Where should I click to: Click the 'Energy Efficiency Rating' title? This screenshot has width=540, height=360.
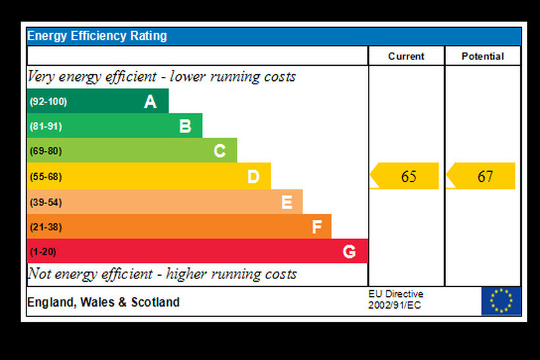[97, 36]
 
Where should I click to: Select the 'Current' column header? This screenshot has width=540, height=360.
[406, 57]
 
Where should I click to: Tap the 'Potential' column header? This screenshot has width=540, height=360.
[483, 57]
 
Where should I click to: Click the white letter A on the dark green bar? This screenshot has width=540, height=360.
[150, 101]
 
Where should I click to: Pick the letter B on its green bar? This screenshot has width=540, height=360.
[185, 126]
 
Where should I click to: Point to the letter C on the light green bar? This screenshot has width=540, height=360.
[220, 151]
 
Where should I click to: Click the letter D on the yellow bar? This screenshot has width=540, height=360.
[254, 176]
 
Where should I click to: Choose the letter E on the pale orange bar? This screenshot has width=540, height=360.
[286, 202]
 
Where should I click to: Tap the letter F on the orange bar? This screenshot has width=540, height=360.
[317, 227]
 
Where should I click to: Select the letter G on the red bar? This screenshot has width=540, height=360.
[349, 251]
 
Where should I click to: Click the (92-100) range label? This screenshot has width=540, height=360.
[48, 102]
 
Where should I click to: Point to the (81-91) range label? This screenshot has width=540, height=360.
[45, 126]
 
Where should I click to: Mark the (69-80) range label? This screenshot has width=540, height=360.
[45, 151]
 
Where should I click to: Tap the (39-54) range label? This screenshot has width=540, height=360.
[45, 202]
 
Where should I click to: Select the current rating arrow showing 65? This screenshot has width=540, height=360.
[405, 176]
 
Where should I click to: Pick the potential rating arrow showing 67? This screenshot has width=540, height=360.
[481, 176]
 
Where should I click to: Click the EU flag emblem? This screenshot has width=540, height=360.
[501, 301]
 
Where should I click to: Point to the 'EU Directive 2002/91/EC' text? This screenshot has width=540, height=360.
[396, 300]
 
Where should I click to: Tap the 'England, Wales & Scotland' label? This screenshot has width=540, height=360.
[103, 303]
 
